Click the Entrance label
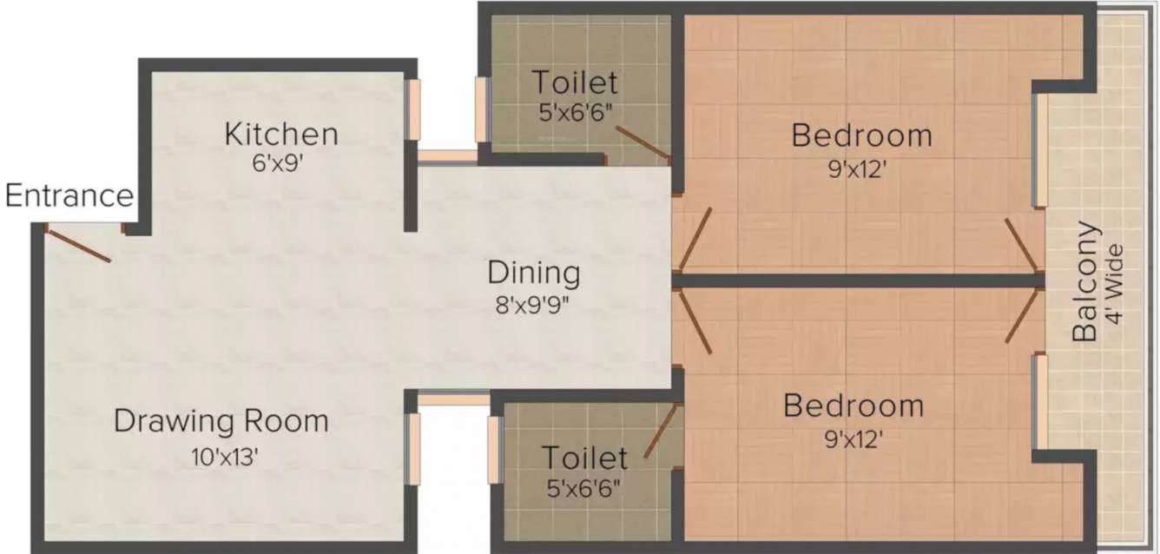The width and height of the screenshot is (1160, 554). click(69, 195)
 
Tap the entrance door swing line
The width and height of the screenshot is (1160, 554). click(78, 246)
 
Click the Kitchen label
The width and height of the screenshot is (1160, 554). click(281, 134)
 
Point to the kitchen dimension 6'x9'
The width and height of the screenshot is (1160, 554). click(276, 163)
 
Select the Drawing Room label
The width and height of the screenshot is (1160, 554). click(221, 420)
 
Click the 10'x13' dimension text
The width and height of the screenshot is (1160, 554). click(225, 457)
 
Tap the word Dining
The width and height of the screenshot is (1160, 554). click(534, 274)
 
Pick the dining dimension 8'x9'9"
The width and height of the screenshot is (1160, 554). click(532, 305)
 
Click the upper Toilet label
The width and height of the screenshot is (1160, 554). click(576, 82)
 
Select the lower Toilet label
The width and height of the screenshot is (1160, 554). click(584, 458)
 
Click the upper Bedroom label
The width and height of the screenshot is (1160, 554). click(861, 135)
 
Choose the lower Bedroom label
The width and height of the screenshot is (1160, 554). click(854, 406)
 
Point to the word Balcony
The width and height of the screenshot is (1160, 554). click(1085, 281)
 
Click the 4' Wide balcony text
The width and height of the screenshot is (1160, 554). click(1115, 284)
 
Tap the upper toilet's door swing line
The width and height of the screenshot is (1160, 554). click(643, 142)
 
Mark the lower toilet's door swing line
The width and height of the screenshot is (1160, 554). click(660, 431)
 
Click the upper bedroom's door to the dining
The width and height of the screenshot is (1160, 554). click(695, 240)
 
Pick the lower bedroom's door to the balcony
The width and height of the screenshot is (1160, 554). click(1023, 316)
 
